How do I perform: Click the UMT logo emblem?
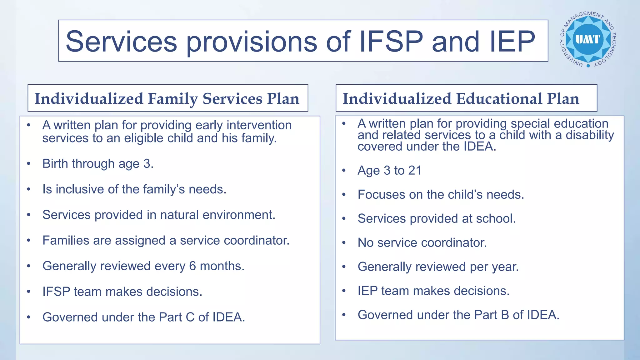click(x=588, y=39)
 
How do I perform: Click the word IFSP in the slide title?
click(x=391, y=41)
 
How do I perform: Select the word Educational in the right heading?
click(x=499, y=99)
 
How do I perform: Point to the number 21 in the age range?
click(x=415, y=171)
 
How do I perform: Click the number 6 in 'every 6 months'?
click(x=192, y=266)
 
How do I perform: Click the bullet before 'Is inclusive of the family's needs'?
click(x=29, y=189)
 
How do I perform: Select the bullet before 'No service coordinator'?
click(x=344, y=243)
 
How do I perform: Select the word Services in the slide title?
click(x=121, y=41)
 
